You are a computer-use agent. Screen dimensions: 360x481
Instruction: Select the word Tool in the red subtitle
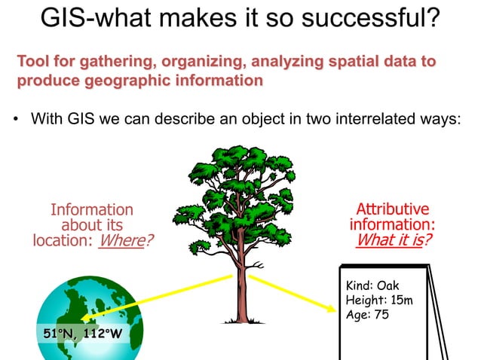click(32, 61)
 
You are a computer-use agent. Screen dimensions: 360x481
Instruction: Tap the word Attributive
click(392, 209)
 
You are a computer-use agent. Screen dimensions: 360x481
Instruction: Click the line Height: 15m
click(378, 300)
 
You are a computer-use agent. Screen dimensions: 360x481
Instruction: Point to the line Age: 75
click(366, 314)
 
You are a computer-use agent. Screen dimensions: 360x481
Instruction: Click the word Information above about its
click(91, 209)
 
